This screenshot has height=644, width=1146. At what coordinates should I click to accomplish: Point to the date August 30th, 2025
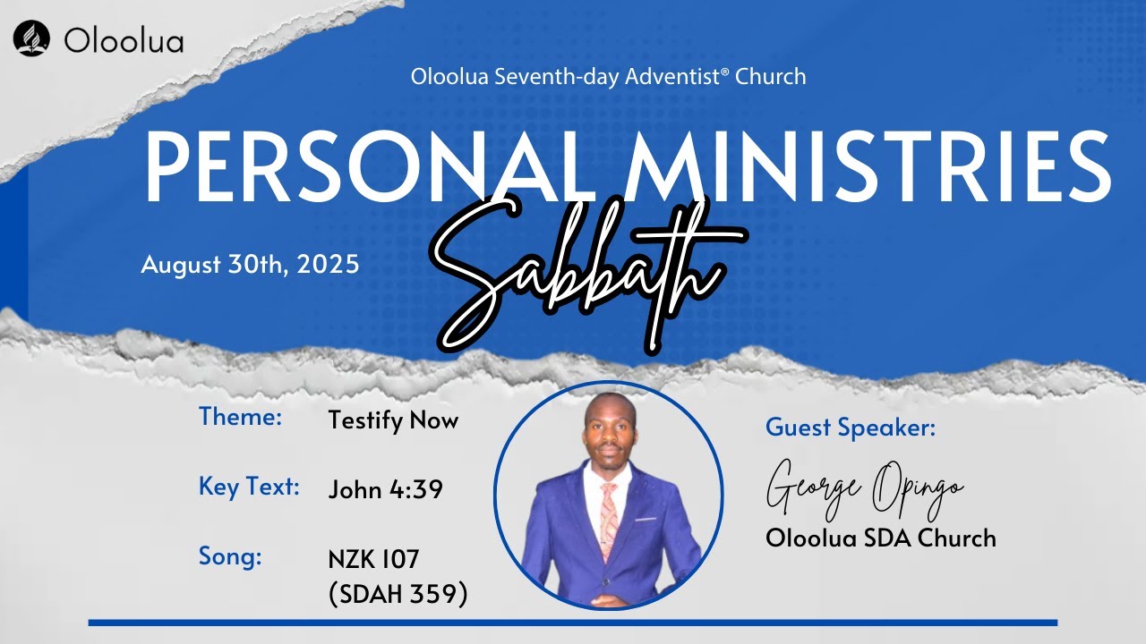(x=250, y=265)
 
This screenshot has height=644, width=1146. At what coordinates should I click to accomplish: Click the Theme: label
(x=241, y=417)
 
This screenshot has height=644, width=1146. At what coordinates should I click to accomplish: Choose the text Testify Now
(x=393, y=420)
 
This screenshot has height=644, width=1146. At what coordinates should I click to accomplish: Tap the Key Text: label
(x=249, y=487)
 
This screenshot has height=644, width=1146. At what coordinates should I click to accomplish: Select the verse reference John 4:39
(x=386, y=490)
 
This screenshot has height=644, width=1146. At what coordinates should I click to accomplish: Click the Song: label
(x=230, y=557)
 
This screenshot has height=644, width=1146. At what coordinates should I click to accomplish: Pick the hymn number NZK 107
(x=373, y=560)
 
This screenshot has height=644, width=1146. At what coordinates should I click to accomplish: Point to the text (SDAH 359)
(x=398, y=594)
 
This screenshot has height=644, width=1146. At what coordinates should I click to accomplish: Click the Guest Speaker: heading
(x=851, y=428)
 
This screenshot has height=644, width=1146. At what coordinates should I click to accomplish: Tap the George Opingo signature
(x=864, y=488)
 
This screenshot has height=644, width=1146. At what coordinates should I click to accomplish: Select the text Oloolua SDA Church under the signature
(x=881, y=538)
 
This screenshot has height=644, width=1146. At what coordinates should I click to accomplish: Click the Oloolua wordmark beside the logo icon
(x=124, y=40)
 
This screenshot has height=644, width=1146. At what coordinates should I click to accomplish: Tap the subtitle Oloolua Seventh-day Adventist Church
(x=608, y=77)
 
